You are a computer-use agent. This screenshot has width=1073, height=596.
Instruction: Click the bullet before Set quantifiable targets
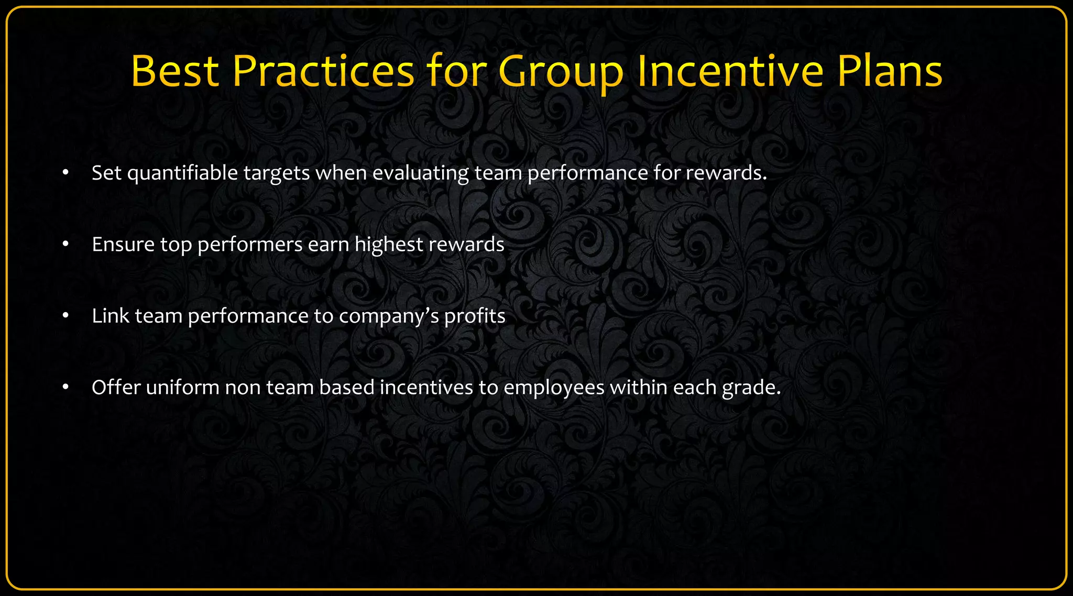coord(65,173)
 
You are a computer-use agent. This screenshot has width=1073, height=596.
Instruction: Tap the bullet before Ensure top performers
coord(65,245)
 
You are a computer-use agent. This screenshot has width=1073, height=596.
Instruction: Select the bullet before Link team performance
coord(65,316)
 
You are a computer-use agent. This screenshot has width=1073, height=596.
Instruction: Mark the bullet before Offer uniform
coord(65,388)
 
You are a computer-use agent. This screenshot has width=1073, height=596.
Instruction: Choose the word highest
coord(388,245)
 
